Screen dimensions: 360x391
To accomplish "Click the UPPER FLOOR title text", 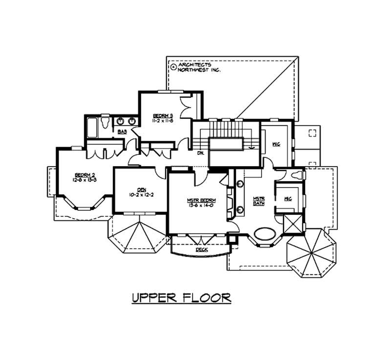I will pyautogui.click(x=181, y=297).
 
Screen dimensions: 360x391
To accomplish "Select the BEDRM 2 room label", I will pyautogui.click(x=85, y=175).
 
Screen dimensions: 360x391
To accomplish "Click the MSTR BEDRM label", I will pyautogui.click(x=201, y=200).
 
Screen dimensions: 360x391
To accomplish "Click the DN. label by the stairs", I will pyautogui.click(x=200, y=152).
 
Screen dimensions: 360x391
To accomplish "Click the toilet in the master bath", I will pyautogui.click(x=296, y=174).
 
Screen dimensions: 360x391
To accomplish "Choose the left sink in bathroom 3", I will pyautogui.click(x=120, y=121).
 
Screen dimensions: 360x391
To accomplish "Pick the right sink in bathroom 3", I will pyautogui.click(x=131, y=121).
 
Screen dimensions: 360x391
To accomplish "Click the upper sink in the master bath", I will pyautogui.click(x=240, y=184).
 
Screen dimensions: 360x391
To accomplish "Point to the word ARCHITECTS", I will pyautogui.click(x=195, y=64).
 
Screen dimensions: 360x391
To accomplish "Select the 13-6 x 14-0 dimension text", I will pyautogui.click(x=201, y=205).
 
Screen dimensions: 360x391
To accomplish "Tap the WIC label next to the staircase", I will pyautogui.click(x=275, y=145).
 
